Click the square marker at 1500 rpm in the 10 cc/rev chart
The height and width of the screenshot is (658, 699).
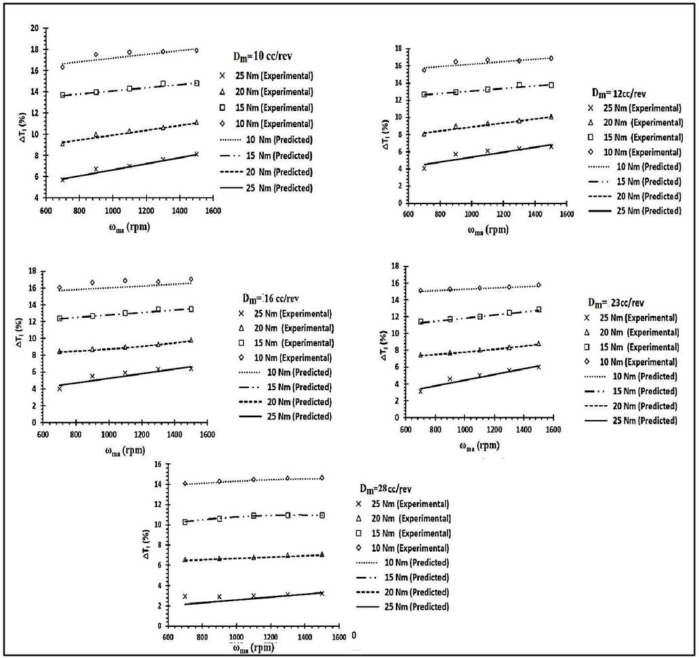(x=196, y=83)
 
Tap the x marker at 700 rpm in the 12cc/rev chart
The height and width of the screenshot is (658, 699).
(x=424, y=168)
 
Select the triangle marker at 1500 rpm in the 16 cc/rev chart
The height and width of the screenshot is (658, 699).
(x=191, y=340)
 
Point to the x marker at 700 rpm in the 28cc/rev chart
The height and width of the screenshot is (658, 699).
(x=185, y=596)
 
